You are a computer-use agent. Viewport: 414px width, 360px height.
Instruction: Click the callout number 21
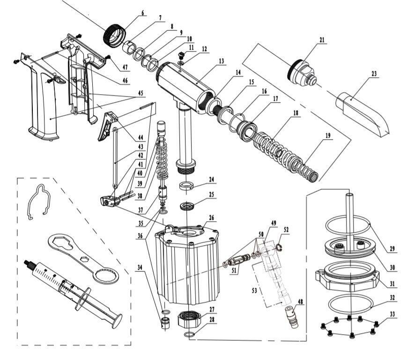[x=321, y=40]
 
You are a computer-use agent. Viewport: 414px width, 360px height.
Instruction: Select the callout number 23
[x=374, y=74]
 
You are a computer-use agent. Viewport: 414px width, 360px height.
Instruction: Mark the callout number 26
[x=212, y=217]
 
